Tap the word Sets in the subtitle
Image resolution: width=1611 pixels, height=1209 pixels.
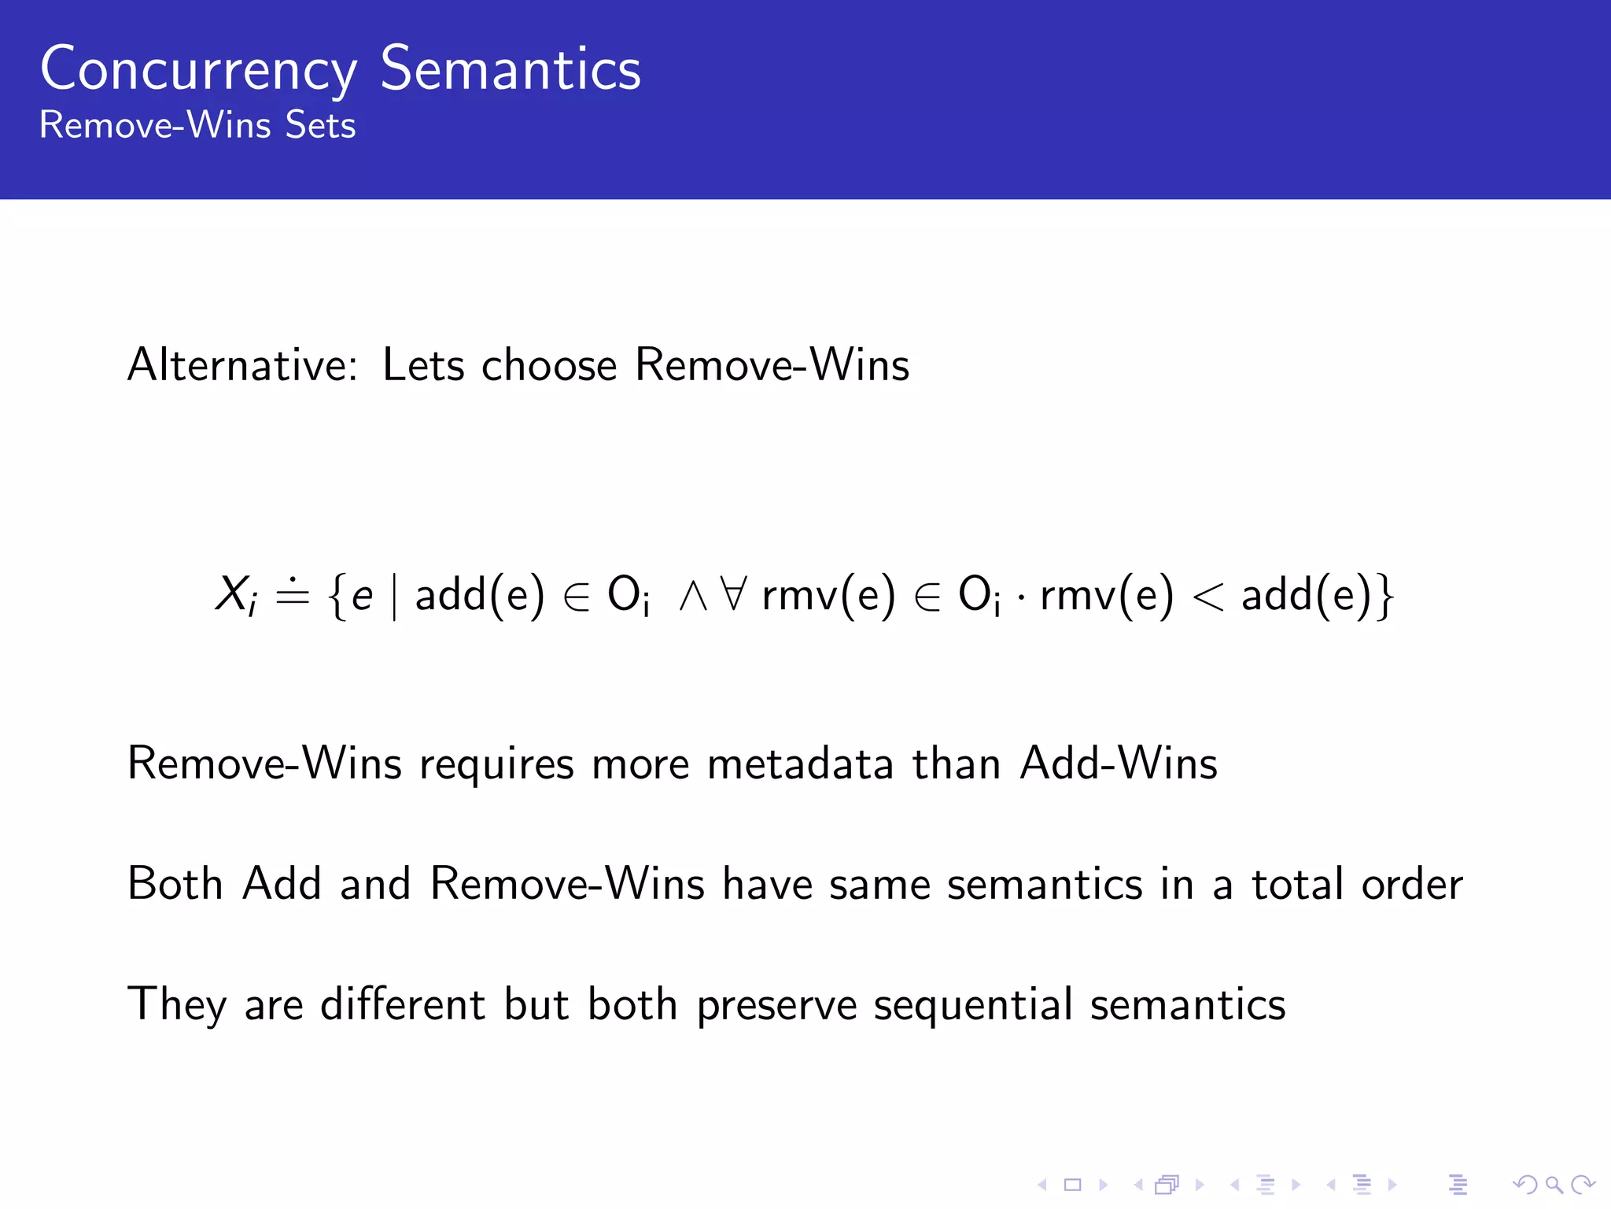click(320, 125)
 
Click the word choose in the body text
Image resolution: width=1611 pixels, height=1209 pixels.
click(549, 365)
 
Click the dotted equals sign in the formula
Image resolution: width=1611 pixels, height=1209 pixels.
click(293, 593)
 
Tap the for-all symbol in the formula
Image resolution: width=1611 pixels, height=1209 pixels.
click(733, 594)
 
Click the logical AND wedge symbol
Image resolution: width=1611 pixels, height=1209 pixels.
click(693, 596)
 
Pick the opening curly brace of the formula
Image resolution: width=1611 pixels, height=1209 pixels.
click(337, 596)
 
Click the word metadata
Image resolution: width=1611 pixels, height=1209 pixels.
click(800, 763)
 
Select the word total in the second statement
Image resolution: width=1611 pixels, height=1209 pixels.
click(1297, 884)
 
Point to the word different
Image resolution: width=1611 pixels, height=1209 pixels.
click(403, 1004)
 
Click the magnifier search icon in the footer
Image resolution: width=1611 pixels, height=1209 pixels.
click(1554, 1185)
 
